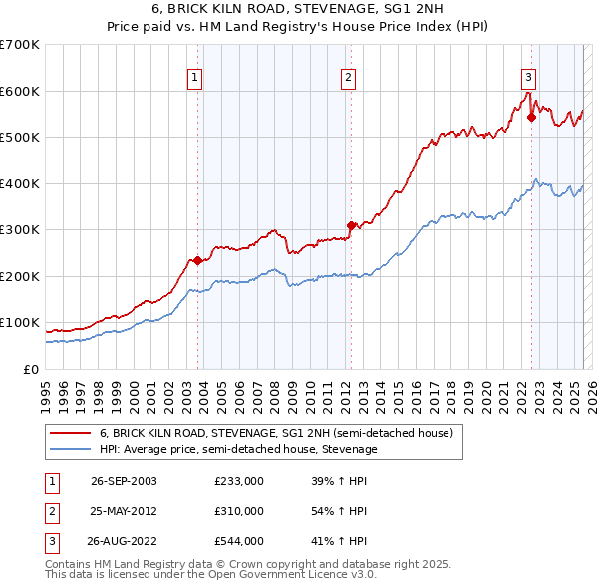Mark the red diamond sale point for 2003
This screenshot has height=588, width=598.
(x=197, y=261)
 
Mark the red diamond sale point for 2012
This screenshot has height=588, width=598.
(x=351, y=225)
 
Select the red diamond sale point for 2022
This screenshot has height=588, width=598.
(x=531, y=117)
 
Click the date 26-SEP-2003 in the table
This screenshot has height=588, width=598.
(x=124, y=481)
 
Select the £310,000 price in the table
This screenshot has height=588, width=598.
(x=238, y=511)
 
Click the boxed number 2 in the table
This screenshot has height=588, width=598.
(x=51, y=511)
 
